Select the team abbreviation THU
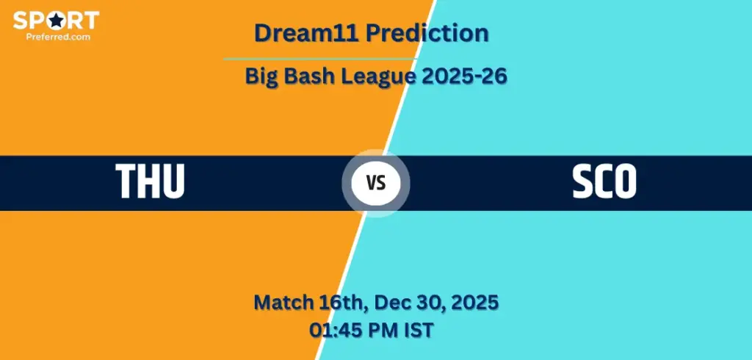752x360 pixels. (x=150, y=181)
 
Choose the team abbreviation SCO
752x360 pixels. (x=604, y=181)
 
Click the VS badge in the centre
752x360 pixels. (x=376, y=183)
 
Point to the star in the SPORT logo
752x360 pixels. (x=57, y=20)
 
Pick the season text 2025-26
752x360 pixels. (x=460, y=76)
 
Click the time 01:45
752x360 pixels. (x=334, y=330)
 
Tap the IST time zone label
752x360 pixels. (x=418, y=330)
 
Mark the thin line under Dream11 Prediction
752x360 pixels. (x=320, y=59)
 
